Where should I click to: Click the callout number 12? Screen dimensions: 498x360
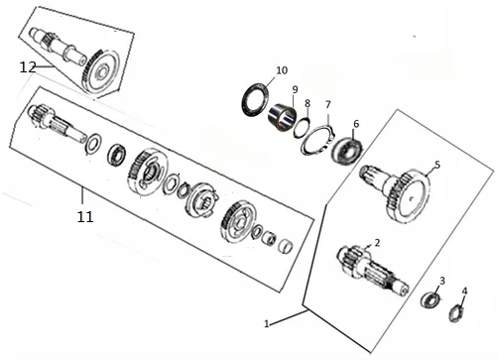(28, 67)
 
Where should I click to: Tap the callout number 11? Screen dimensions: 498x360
(85, 217)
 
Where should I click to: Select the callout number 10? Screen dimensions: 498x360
(282, 70)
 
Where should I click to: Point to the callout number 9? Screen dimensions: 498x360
(295, 89)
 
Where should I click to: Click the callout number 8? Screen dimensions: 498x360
(308, 103)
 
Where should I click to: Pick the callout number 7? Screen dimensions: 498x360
(327, 104)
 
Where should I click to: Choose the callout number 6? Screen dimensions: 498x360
(356, 124)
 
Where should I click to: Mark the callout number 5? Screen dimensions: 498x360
(437, 165)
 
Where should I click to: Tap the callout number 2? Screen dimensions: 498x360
(377, 243)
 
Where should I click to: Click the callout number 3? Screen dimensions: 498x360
(442, 281)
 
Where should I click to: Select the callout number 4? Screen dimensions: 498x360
(464, 292)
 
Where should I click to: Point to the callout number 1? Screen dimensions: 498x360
(267, 323)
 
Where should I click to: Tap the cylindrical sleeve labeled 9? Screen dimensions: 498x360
(282, 118)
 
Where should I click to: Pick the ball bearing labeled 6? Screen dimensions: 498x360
(347, 150)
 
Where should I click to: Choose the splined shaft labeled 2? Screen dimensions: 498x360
(372, 269)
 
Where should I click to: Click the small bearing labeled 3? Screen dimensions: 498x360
(431, 300)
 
